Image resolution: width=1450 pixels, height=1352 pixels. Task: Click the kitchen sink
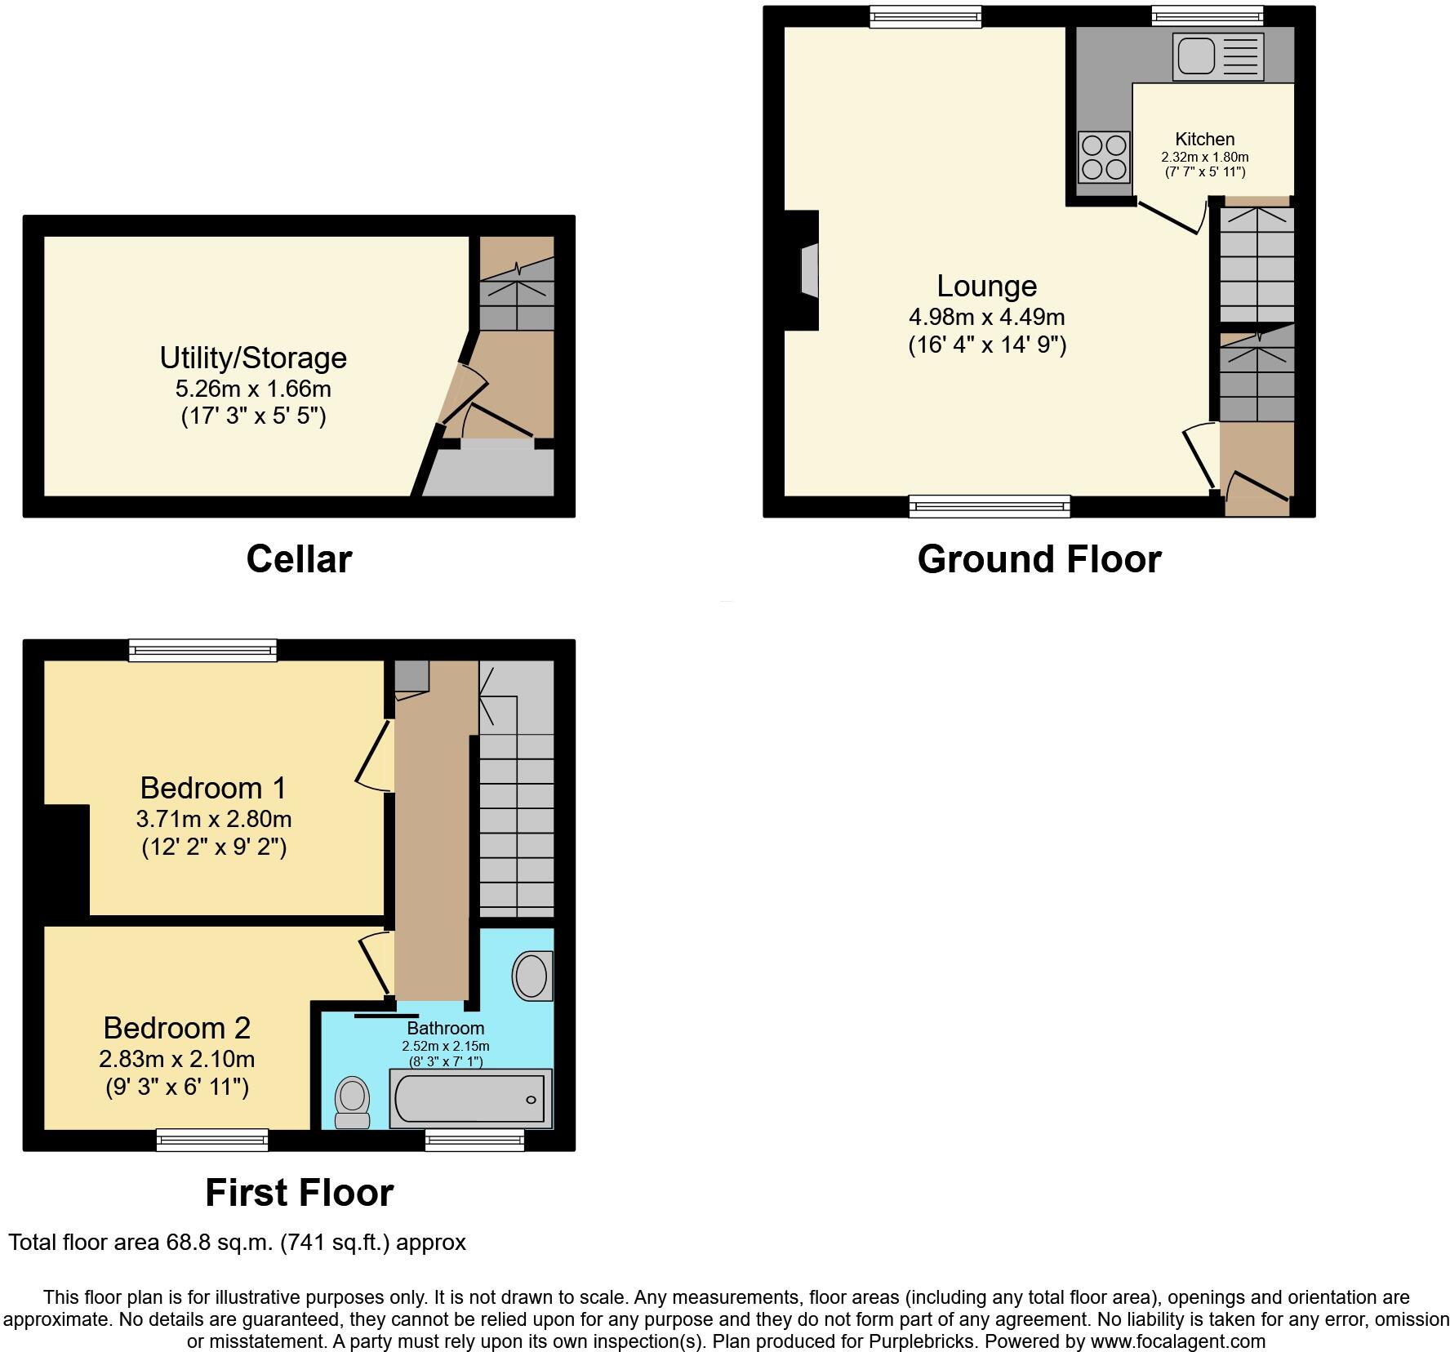tap(1217, 56)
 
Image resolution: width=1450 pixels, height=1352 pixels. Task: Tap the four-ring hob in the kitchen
tap(1104, 158)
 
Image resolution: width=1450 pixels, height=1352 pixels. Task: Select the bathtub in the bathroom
tap(470, 1099)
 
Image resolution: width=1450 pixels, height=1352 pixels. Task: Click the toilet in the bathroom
tap(353, 1102)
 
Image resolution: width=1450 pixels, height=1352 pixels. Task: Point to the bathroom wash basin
tap(532, 976)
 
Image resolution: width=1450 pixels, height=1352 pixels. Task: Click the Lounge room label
tap(986, 286)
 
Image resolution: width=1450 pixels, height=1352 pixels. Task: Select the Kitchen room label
tap(1204, 139)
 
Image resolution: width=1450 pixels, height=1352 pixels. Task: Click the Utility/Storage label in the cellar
tap(253, 358)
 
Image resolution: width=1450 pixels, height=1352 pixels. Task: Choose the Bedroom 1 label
tap(213, 788)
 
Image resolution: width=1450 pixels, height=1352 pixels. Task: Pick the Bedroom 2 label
tap(176, 1027)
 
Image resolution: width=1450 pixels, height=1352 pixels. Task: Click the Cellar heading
tap(299, 559)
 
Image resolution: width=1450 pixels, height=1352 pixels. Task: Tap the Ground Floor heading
tap(1039, 559)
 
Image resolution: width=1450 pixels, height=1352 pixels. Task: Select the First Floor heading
tap(299, 1193)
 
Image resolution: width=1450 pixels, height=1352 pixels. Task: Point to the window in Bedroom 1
tap(202, 650)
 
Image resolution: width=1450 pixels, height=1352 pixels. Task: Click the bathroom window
tap(474, 1141)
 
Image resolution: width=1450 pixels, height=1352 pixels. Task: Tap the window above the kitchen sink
tap(1207, 16)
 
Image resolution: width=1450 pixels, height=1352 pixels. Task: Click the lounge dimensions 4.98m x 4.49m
tap(986, 317)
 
